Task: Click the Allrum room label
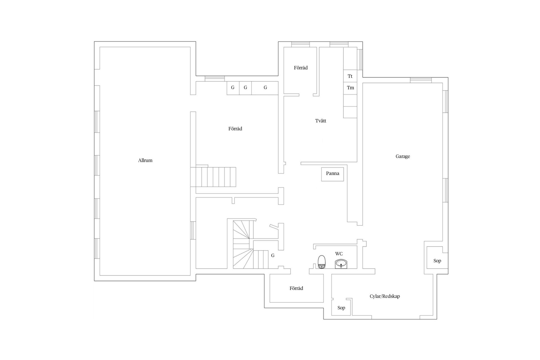click(x=145, y=160)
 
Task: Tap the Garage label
click(x=403, y=156)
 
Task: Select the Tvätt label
click(x=321, y=121)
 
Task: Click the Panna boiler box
click(x=332, y=174)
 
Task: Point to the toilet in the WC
click(x=321, y=262)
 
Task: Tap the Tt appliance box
click(x=350, y=76)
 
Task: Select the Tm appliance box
click(x=350, y=88)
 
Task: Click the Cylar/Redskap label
click(x=384, y=296)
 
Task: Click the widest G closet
click(x=265, y=88)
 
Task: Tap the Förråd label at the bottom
click(x=296, y=288)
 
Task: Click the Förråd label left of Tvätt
click(x=235, y=129)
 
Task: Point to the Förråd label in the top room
click(x=301, y=68)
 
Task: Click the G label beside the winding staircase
click(x=273, y=256)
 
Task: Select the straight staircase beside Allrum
click(x=213, y=177)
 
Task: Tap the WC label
click(x=339, y=254)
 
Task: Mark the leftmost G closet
click(x=233, y=88)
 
